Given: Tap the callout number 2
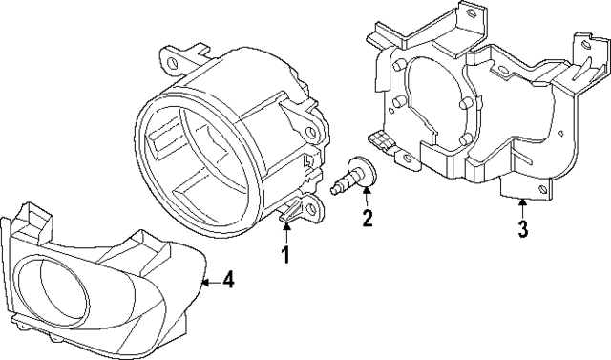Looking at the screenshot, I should pyautogui.click(x=366, y=220).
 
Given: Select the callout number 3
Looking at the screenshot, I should pyautogui.click(x=521, y=228).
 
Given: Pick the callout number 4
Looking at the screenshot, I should pyautogui.click(x=228, y=280).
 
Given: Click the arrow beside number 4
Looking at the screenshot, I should pyautogui.click(x=212, y=280).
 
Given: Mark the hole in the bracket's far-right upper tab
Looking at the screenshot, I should pyautogui.click(x=580, y=57).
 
